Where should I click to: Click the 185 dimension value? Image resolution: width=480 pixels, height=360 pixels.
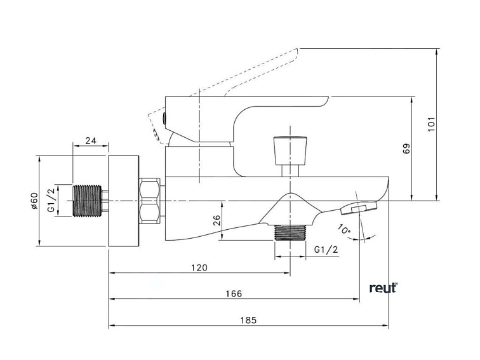(249, 320)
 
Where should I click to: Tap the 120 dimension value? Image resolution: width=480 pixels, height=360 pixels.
(199, 268)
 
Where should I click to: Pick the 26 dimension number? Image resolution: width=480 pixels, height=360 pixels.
(217, 220)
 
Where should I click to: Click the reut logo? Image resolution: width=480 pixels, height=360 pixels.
(383, 288)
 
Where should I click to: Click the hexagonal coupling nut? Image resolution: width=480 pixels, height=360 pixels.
(151, 201)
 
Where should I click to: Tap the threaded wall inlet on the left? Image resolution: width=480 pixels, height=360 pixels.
(88, 201)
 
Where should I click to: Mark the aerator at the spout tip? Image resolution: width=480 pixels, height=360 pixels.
(357, 208)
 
